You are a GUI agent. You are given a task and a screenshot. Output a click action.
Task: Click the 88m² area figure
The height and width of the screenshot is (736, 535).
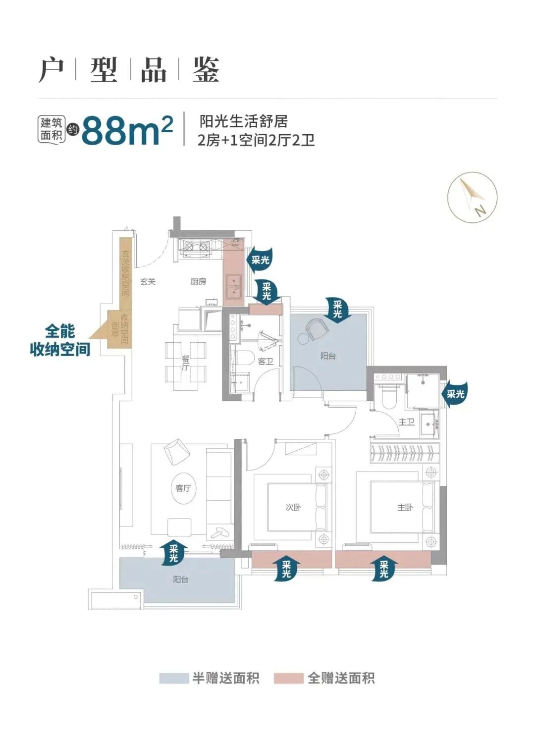tap(127, 130)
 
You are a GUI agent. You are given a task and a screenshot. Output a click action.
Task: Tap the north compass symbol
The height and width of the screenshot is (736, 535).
tap(472, 197)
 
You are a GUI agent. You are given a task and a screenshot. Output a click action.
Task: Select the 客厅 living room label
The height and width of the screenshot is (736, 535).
tap(183, 488)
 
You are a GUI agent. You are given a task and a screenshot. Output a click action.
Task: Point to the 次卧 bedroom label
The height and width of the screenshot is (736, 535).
tap(293, 507)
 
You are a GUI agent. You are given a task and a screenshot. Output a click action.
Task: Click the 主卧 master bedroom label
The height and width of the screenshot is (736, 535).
tap(405, 507)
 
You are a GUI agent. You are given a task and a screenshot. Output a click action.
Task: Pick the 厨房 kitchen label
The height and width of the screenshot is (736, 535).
tap(198, 281)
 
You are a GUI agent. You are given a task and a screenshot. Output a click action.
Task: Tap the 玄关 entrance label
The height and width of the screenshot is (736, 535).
tap(148, 281)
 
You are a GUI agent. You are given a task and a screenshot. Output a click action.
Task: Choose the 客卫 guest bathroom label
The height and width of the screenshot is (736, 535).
tap(266, 362)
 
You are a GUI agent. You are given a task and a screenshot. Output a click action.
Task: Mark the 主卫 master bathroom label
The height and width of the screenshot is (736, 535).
tap(406, 422)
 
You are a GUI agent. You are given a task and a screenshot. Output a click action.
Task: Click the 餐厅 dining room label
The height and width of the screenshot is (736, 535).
tap(185, 363)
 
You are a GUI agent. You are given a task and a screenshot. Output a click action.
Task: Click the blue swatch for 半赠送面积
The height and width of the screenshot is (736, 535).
tap(174, 678)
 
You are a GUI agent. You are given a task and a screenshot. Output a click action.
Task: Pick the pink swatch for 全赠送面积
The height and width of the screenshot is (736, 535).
tap(288, 678)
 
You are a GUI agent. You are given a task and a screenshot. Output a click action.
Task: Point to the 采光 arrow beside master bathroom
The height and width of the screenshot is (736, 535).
tap(455, 394)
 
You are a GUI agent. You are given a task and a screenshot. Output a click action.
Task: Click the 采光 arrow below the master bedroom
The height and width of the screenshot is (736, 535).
tap(384, 569)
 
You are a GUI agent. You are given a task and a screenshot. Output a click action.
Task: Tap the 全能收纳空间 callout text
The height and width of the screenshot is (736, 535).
tap(60, 340)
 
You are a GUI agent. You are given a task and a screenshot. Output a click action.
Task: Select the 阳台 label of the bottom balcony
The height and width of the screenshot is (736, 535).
tap(180, 579)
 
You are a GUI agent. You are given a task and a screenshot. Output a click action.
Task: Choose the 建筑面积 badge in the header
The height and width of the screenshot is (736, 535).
tap(52, 129)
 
